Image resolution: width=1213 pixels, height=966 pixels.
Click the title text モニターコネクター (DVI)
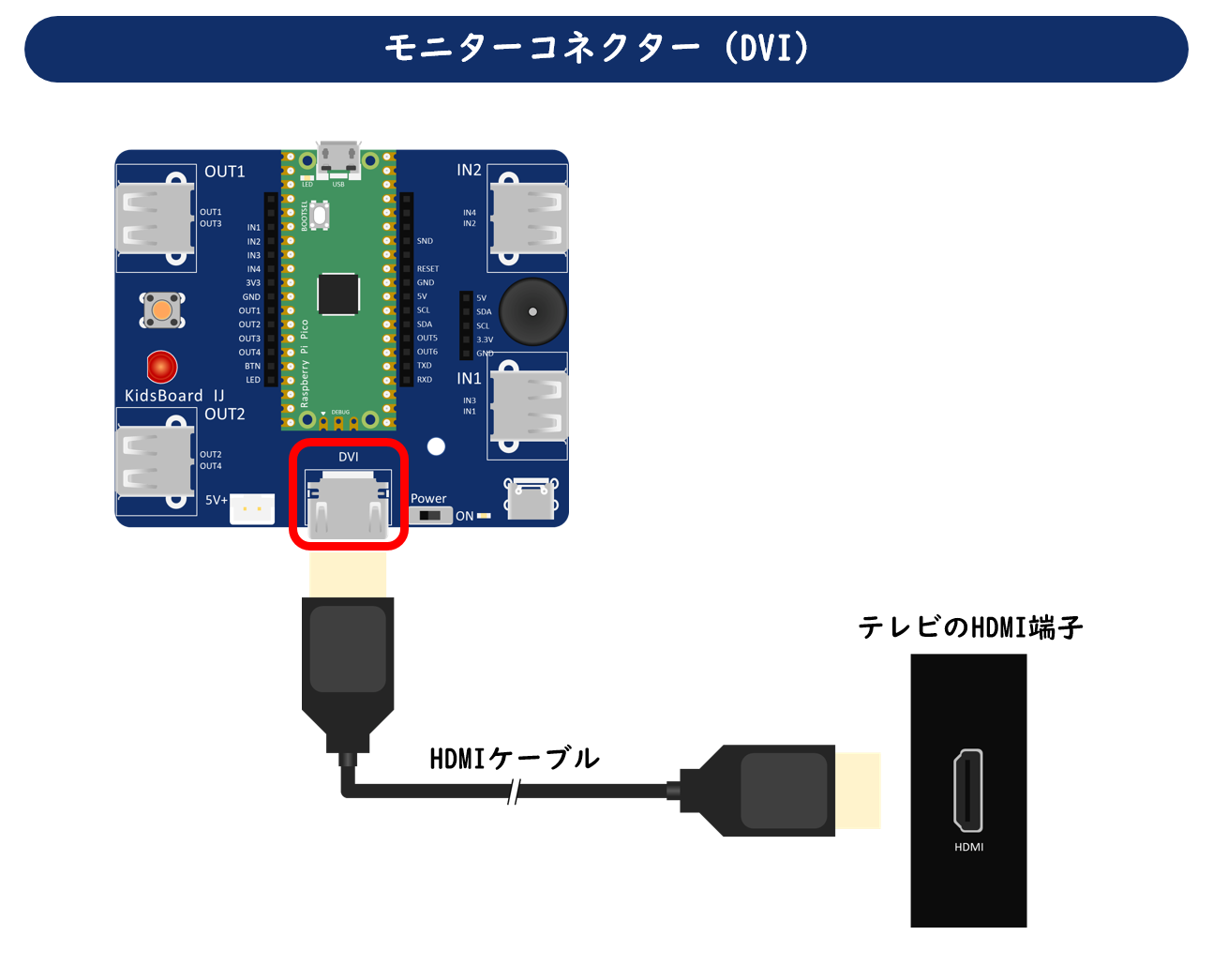tap(597, 48)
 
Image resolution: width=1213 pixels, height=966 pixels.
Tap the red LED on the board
tap(162, 367)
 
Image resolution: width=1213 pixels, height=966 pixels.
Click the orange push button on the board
tap(162, 310)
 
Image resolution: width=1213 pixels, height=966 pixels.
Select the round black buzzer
tap(532, 311)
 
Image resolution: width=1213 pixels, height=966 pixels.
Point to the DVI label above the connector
tap(349, 457)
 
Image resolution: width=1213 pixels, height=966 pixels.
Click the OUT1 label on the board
tap(225, 172)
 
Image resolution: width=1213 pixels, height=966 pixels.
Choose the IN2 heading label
tap(469, 170)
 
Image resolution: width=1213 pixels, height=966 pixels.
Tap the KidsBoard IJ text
tap(174, 396)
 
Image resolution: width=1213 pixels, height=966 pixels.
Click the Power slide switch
tap(430, 516)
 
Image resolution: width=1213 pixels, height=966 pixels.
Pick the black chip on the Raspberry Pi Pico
tap(338, 294)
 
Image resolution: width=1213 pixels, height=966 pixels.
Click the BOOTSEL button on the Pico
tap(320, 216)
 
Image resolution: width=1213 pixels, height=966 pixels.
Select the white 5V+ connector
tap(252, 508)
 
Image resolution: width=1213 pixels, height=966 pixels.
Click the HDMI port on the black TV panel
tap(968, 790)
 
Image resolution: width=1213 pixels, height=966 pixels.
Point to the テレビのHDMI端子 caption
tap(970, 627)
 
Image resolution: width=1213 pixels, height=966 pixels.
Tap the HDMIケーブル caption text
tap(515, 758)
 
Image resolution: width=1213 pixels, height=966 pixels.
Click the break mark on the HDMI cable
tap(513, 792)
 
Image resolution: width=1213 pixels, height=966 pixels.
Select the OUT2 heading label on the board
tap(225, 415)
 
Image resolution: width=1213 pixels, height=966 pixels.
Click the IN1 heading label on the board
tap(469, 378)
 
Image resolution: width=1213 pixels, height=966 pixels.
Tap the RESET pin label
tap(427, 269)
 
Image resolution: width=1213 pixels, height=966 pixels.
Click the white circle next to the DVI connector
tap(436, 446)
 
